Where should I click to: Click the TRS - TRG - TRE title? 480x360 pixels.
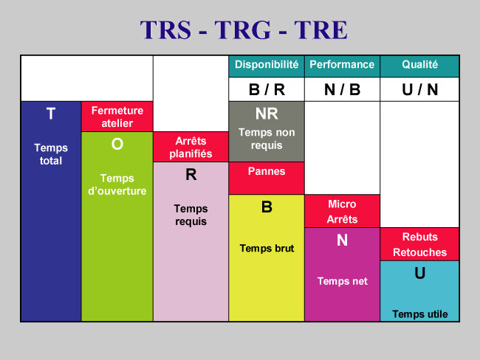click(244, 30)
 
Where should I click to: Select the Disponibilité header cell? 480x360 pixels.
click(267, 66)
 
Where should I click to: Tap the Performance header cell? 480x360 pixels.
click(342, 66)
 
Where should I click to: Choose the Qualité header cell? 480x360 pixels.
click(419, 66)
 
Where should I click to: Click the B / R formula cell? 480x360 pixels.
click(267, 89)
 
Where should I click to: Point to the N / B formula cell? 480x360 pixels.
click(342, 89)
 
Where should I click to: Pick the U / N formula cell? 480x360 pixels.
click(419, 89)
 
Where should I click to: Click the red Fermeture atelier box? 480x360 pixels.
click(117, 117)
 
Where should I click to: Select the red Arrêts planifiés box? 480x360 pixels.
click(191, 147)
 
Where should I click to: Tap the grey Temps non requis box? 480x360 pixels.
click(267, 131)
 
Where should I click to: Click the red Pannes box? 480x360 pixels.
click(267, 179)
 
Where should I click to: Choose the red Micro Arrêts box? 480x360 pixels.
click(342, 211)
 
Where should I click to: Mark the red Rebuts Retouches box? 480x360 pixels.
click(419, 244)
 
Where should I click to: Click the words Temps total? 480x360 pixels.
click(51, 154)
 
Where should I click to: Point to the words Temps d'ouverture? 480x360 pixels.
click(117, 184)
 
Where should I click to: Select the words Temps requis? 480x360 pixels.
click(191, 215)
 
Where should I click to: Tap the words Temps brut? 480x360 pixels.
click(267, 249)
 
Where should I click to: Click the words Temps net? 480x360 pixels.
click(342, 281)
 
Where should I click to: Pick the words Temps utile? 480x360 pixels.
click(420, 314)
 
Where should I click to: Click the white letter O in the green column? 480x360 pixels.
click(117, 144)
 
